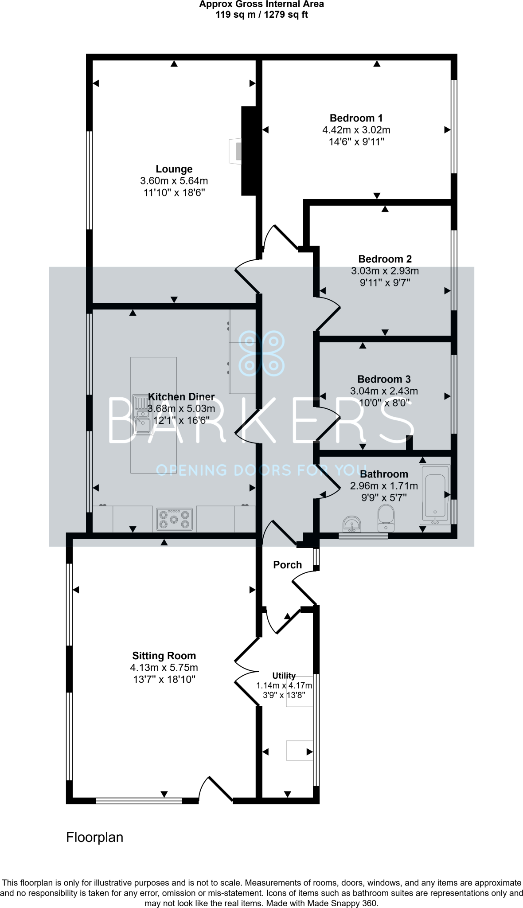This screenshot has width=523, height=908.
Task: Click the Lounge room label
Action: [x=174, y=169]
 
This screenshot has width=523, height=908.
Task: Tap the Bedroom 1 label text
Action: [x=356, y=118]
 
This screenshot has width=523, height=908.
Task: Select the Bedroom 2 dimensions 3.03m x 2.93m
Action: [x=385, y=271]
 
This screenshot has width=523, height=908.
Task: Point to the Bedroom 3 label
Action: [x=384, y=379]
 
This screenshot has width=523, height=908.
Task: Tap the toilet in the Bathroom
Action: [x=386, y=519]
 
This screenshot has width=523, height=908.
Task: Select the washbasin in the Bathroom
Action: [x=352, y=523]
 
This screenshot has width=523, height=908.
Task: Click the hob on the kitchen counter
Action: [x=175, y=519]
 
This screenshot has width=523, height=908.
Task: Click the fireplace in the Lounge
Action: [x=236, y=151]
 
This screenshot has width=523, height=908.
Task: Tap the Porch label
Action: [x=287, y=565]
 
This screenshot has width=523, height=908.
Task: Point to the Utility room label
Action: [x=284, y=676]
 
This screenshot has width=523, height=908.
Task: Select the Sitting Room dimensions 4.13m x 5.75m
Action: [x=164, y=668]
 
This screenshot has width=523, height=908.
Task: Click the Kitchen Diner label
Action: [x=181, y=397]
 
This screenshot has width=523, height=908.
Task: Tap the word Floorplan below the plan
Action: [x=94, y=837]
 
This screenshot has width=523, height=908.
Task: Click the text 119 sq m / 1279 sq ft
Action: [x=261, y=15]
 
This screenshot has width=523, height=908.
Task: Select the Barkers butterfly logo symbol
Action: [x=261, y=353]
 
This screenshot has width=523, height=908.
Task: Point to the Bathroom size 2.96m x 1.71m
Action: [x=384, y=486]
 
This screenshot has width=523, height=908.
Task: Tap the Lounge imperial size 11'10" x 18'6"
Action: [x=174, y=193]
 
